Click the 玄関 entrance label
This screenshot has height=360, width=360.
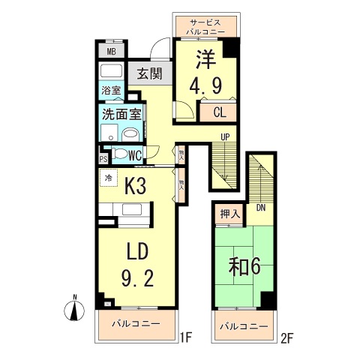point(150,73)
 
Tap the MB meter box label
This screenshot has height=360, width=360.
point(111,52)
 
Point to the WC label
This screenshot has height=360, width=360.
point(135,155)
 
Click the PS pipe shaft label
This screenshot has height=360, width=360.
point(103,159)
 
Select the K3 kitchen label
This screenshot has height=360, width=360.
point(135,184)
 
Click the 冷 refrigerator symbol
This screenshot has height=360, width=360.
point(108,178)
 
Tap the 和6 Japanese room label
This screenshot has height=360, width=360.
point(244,266)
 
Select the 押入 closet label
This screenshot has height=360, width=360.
point(230,214)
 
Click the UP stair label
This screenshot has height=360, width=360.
point(224,136)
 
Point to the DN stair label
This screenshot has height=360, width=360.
point(261,208)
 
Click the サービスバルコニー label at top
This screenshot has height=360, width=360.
point(209,28)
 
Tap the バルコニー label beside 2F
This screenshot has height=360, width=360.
point(243,327)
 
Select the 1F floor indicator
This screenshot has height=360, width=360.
point(187,337)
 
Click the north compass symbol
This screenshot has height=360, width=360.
point(76,309)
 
